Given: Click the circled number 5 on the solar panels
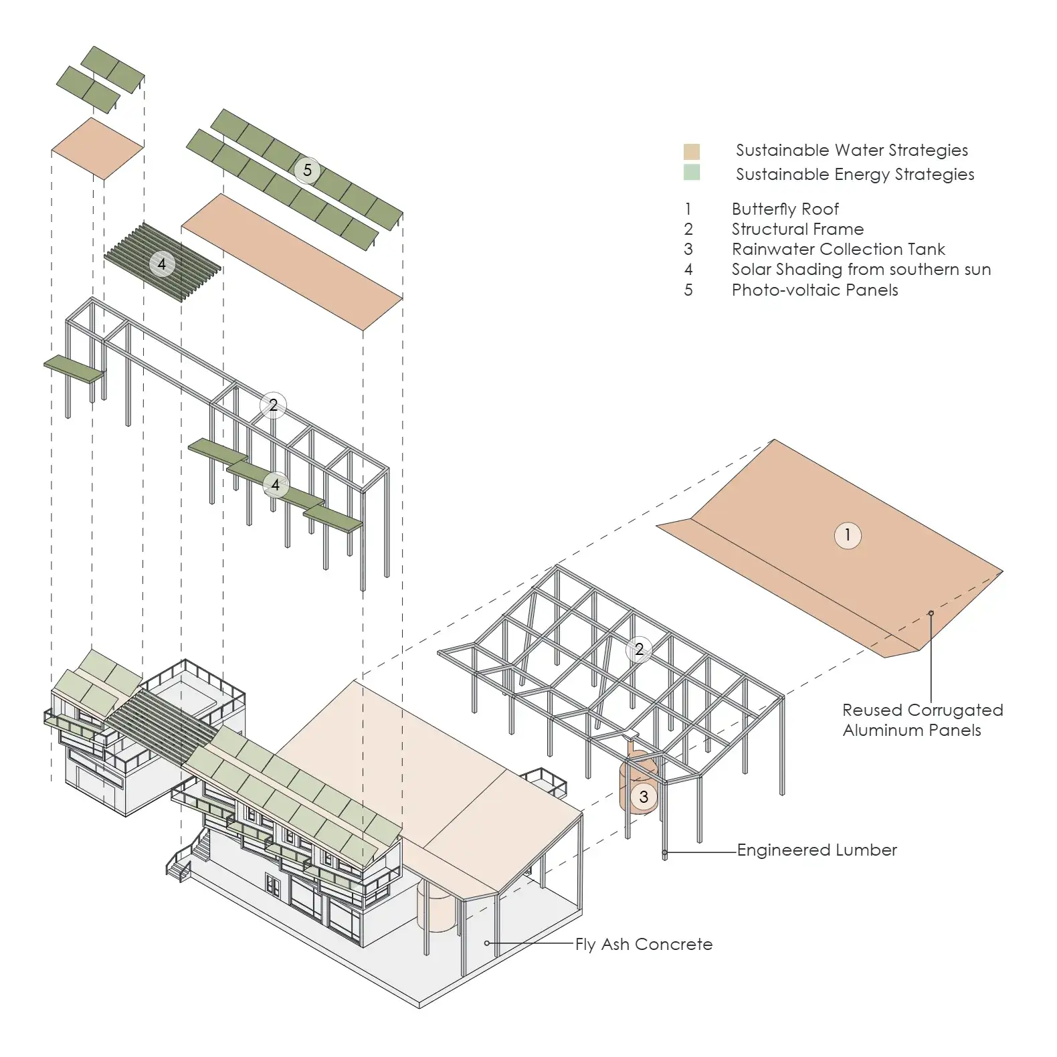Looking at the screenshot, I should tap(307, 170).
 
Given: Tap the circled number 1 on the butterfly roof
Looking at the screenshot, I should tap(847, 535).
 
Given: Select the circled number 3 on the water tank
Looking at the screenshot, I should tap(644, 797).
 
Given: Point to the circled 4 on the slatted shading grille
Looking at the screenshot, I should tap(161, 264).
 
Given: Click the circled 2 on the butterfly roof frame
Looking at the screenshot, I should tap(639, 649).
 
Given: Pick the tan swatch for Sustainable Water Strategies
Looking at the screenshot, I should tap(692, 151).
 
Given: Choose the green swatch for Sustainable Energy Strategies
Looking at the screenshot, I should tap(692, 173).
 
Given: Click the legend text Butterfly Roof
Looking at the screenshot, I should tap(785, 209).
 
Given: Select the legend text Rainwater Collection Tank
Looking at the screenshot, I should tap(838, 250).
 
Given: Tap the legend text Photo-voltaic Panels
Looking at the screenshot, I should tap(814, 290).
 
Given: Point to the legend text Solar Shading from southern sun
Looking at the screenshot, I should tap(861, 270).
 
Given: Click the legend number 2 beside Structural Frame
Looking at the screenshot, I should tap(688, 229).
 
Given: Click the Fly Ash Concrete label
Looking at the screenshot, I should tap(644, 944).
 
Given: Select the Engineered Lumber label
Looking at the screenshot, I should tap(817, 850).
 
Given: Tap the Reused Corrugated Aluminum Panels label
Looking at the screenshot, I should tap(922, 720).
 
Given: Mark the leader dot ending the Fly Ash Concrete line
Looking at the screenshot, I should tap(487, 943).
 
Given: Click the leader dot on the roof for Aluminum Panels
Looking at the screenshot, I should tap(931, 613).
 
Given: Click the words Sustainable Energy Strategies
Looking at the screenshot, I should tap(854, 175).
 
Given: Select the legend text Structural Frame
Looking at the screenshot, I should tap(797, 229).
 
